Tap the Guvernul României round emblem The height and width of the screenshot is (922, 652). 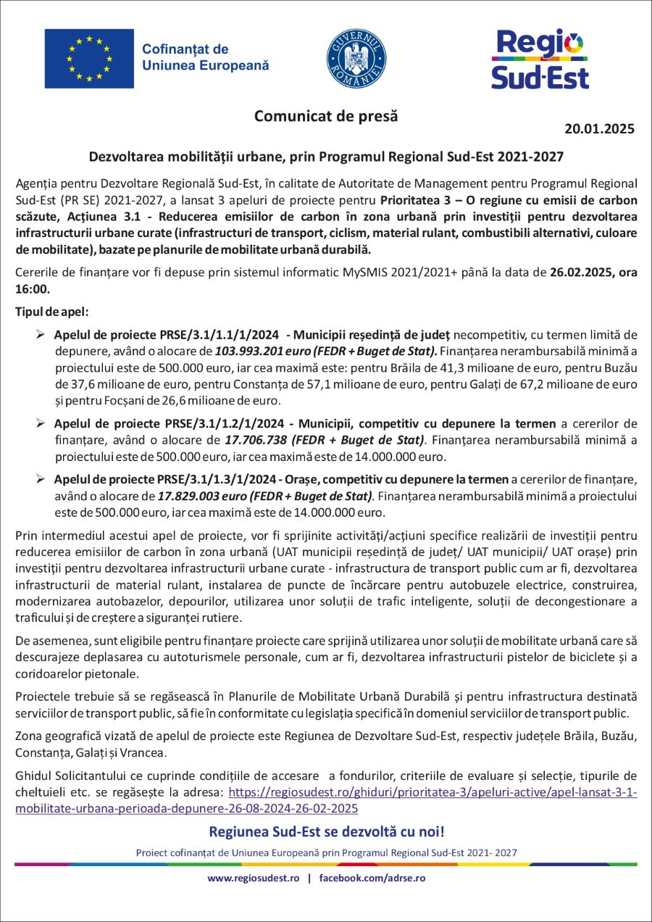(x=356, y=59)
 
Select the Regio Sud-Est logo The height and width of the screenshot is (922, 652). (x=540, y=59)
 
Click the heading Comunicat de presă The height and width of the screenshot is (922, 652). (x=326, y=116)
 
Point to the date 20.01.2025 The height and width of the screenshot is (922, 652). (x=599, y=129)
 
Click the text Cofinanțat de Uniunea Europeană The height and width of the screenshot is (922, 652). (x=205, y=57)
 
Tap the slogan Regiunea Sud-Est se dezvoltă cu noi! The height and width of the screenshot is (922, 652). (x=326, y=831)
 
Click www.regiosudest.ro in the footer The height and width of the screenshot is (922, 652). (x=254, y=878)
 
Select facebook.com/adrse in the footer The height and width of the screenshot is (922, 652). (x=372, y=878)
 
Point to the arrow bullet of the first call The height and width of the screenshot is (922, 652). (x=41, y=334)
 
